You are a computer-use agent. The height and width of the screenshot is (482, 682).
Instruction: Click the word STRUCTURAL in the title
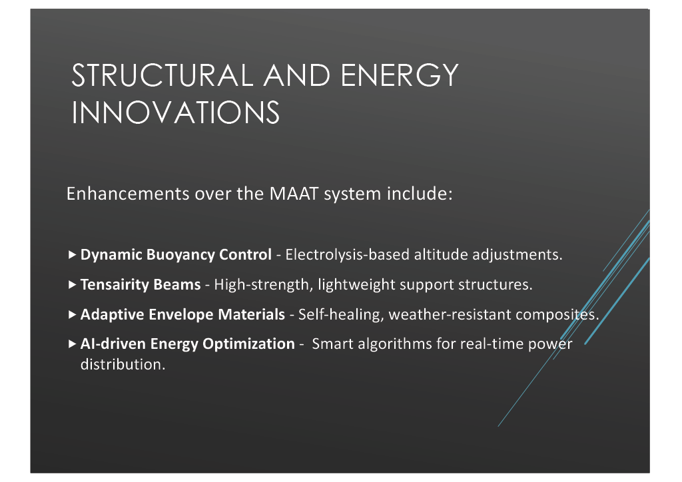[x=163, y=76]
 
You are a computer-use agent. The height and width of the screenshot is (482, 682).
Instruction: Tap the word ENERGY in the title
[x=400, y=76]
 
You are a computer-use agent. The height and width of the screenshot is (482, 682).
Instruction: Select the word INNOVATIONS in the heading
[x=176, y=113]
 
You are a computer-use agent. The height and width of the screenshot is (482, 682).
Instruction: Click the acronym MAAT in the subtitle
[x=294, y=194]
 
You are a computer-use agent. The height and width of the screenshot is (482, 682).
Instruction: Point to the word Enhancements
[x=128, y=194]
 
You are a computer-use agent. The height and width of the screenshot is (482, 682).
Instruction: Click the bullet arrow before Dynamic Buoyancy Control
[x=72, y=255]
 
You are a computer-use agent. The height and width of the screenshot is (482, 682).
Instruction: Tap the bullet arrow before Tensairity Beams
[x=72, y=285]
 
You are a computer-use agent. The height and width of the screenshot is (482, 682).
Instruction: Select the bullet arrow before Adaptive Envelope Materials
[x=72, y=315]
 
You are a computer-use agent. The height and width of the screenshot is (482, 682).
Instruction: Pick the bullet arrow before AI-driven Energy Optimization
[x=72, y=344]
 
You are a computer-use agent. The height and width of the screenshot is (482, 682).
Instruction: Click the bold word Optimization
[x=249, y=344]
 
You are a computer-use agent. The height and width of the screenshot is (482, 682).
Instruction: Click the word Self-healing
[x=341, y=315]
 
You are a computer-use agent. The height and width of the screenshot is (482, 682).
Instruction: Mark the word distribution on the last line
[x=123, y=364]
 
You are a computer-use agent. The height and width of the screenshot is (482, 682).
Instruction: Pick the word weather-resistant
[x=450, y=315]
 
